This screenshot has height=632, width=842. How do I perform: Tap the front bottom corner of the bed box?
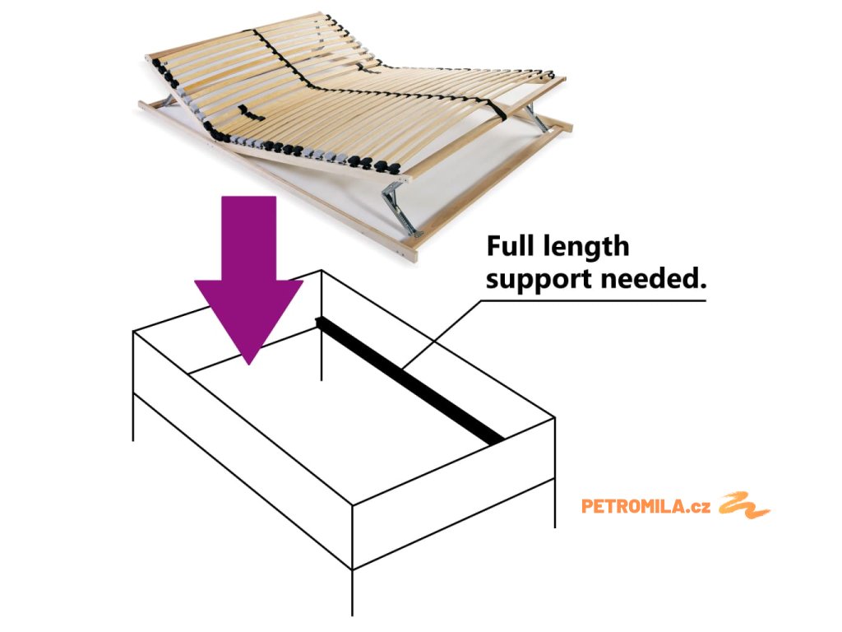(x=353, y=569)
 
